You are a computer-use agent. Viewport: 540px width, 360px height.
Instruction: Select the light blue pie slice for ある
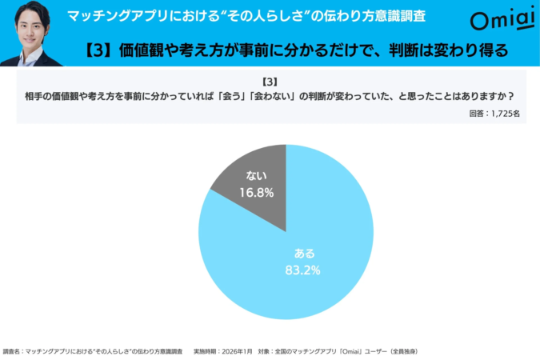[x=304, y=248]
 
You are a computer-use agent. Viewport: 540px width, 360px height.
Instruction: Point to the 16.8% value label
[x=256, y=192]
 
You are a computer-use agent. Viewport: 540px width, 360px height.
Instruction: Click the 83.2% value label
[x=303, y=270]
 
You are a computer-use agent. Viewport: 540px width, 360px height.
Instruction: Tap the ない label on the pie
[x=256, y=175]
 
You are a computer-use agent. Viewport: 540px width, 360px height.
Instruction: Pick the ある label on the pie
[x=304, y=254]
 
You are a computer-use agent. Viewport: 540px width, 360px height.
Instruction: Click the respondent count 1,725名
[x=506, y=114]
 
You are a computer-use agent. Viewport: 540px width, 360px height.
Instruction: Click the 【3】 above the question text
[x=270, y=82]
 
